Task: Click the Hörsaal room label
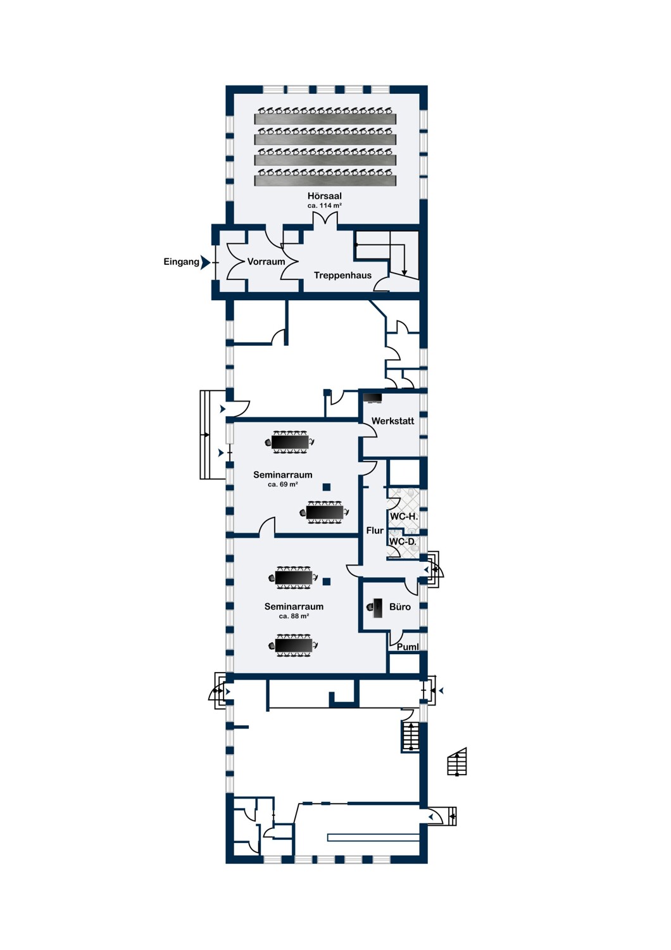click(x=324, y=196)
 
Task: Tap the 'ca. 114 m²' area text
click(x=324, y=206)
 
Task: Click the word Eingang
click(x=181, y=262)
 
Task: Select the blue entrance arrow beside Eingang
click(x=205, y=262)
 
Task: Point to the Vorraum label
click(x=266, y=262)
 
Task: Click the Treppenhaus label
click(x=342, y=275)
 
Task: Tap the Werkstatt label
click(x=392, y=421)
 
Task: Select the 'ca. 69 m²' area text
click(x=282, y=484)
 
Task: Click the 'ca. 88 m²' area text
click(x=294, y=616)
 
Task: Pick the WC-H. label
click(x=404, y=517)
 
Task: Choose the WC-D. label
click(x=403, y=542)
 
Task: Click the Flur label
click(x=375, y=531)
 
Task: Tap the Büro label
click(x=400, y=607)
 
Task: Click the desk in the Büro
click(x=377, y=608)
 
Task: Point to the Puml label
click(x=408, y=647)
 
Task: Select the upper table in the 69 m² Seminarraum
click(x=291, y=442)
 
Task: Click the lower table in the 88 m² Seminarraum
click(x=294, y=645)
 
